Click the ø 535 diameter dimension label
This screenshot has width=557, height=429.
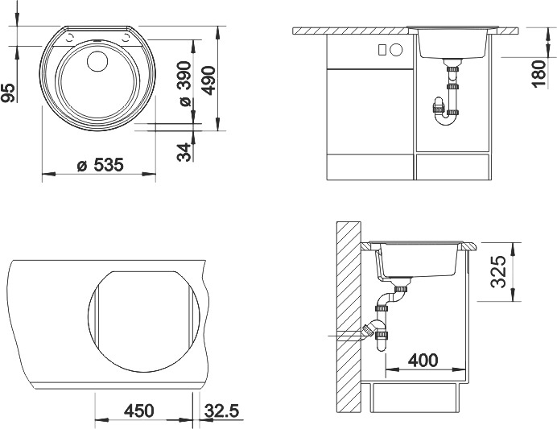pos(101,165)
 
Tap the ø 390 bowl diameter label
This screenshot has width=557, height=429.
pos(185,84)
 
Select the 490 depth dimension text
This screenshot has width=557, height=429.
pos(209,80)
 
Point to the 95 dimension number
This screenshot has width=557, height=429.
pos(9,93)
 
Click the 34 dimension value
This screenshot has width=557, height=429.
pos(184,152)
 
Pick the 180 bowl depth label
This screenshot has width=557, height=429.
pos(538,74)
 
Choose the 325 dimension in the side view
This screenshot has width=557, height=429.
pos(497,272)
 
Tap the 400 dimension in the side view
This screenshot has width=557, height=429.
pos(423,361)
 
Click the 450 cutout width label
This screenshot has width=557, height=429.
pos(139,410)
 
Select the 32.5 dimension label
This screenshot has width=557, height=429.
pos(221,410)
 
